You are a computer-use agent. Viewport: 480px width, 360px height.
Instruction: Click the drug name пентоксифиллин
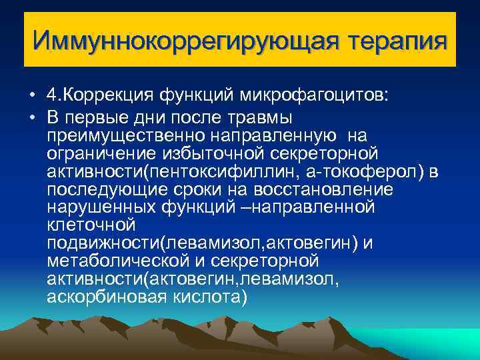[x=225, y=173]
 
